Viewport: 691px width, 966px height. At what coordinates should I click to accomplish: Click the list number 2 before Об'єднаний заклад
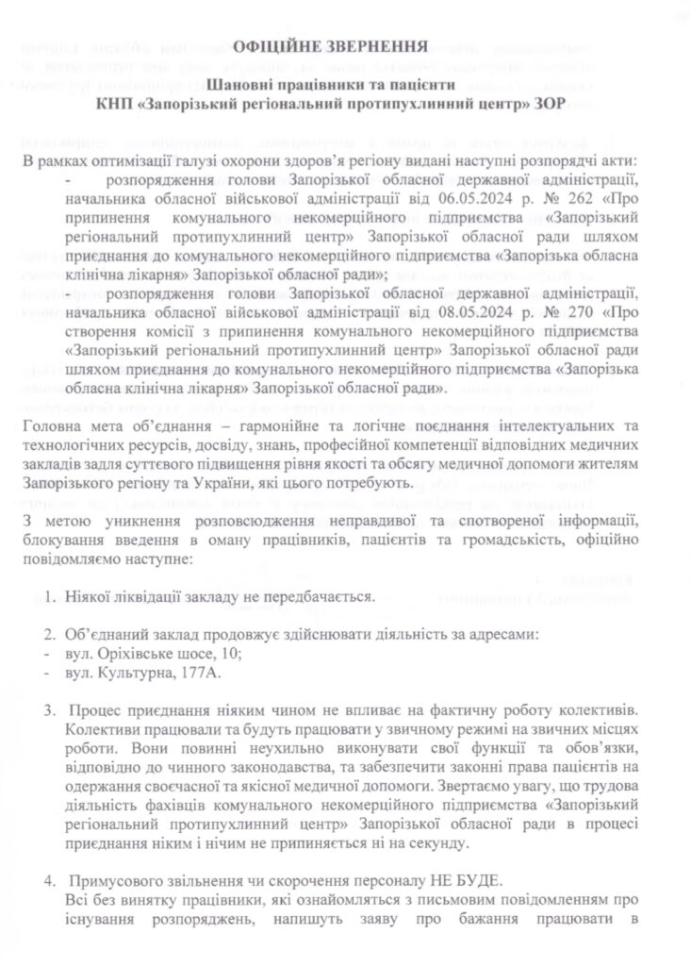pos(51,635)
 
